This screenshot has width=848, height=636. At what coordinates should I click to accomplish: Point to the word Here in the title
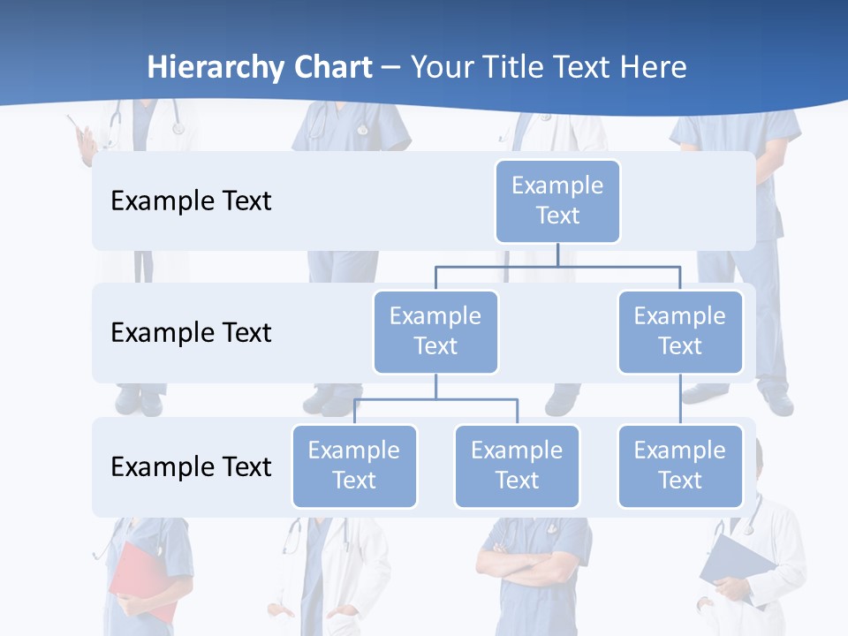[x=654, y=67]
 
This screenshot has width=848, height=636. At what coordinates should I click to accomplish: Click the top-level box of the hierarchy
[x=557, y=201]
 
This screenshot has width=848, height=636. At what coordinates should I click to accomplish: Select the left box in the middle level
[x=435, y=331]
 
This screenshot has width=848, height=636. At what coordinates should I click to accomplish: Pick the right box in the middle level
[x=680, y=331]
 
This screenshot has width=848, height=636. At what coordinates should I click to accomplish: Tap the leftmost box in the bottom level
[x=354, y=466]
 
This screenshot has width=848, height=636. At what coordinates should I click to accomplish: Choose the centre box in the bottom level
[x=517, y=466]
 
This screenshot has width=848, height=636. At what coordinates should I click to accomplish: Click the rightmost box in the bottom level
[x=680, y=466]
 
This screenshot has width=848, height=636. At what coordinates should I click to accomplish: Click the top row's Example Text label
[x=191, y=201]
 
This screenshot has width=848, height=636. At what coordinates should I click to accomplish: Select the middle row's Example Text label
[x=191, y=332]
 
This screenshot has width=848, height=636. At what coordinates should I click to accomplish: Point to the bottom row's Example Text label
[x=191, y=466]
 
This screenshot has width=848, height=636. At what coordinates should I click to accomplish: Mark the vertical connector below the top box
[x=557, y=254]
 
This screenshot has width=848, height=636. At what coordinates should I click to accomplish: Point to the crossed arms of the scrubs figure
[x=530, y=562]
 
